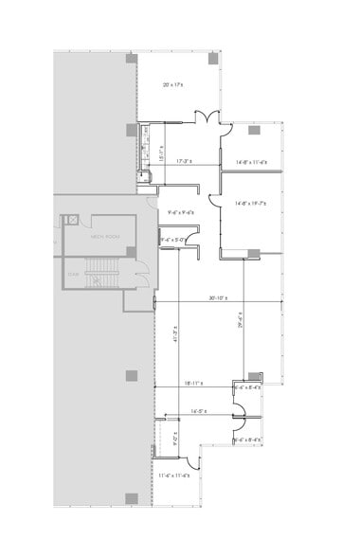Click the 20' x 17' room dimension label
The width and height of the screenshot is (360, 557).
click(x=171, y=85)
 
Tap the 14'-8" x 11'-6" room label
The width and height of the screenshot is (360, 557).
click(x=251, y=162)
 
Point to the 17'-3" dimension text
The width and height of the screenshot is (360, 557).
click(x=185, y=162)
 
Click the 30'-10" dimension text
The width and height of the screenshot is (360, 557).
click(x=219, y=299)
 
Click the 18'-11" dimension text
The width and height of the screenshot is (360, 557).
click(x=195, y=385)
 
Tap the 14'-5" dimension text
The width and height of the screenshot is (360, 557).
click(x=198, y=411)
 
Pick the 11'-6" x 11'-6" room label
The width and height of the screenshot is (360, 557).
click(x=174, y=474)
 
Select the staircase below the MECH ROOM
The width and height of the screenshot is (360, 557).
click(x=96, y=278)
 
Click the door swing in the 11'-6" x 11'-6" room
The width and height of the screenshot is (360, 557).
click(x=192, y=462)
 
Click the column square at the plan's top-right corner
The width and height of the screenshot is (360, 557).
click(x=213, y=60)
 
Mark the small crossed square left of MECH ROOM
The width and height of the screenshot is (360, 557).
click(x=69, y=221)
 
